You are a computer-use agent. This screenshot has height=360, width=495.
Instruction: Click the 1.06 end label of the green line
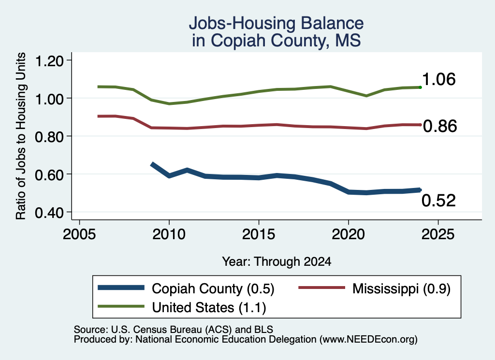click(438, 79)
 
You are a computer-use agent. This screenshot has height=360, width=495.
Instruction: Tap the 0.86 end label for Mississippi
click(440, 126)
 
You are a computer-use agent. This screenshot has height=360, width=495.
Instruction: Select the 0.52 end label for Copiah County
click(438, 201)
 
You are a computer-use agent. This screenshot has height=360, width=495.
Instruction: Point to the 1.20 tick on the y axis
click(49, 60)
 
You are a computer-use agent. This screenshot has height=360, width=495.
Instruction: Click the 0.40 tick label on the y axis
click(49, 213)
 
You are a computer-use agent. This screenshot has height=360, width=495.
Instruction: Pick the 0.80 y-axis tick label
click(49, 137)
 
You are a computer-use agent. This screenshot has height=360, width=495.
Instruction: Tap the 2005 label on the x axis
click(79, 234)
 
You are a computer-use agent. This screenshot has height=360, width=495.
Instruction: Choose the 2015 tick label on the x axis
click(259, 234)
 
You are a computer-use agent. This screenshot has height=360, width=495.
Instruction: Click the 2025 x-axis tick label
click(438, 234)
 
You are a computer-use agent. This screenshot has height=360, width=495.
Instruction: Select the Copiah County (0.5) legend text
click(213, 288)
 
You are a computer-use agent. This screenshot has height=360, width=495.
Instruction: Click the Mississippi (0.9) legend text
click(401, 288)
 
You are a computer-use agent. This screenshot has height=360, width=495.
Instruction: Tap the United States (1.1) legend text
click(209, 308)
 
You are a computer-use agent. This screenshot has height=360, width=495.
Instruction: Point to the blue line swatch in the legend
click(121, 288)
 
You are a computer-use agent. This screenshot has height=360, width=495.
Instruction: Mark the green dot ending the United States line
click(420, 87)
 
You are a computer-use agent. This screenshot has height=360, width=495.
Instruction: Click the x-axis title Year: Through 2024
click(277, 261)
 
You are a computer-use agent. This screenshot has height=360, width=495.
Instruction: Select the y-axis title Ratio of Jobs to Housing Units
click(21, 136)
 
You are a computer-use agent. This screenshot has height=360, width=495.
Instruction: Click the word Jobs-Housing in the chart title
click(242, 23)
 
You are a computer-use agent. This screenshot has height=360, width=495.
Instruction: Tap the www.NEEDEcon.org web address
click(368, 339)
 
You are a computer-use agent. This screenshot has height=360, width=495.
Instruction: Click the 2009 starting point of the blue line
click(152, 164)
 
